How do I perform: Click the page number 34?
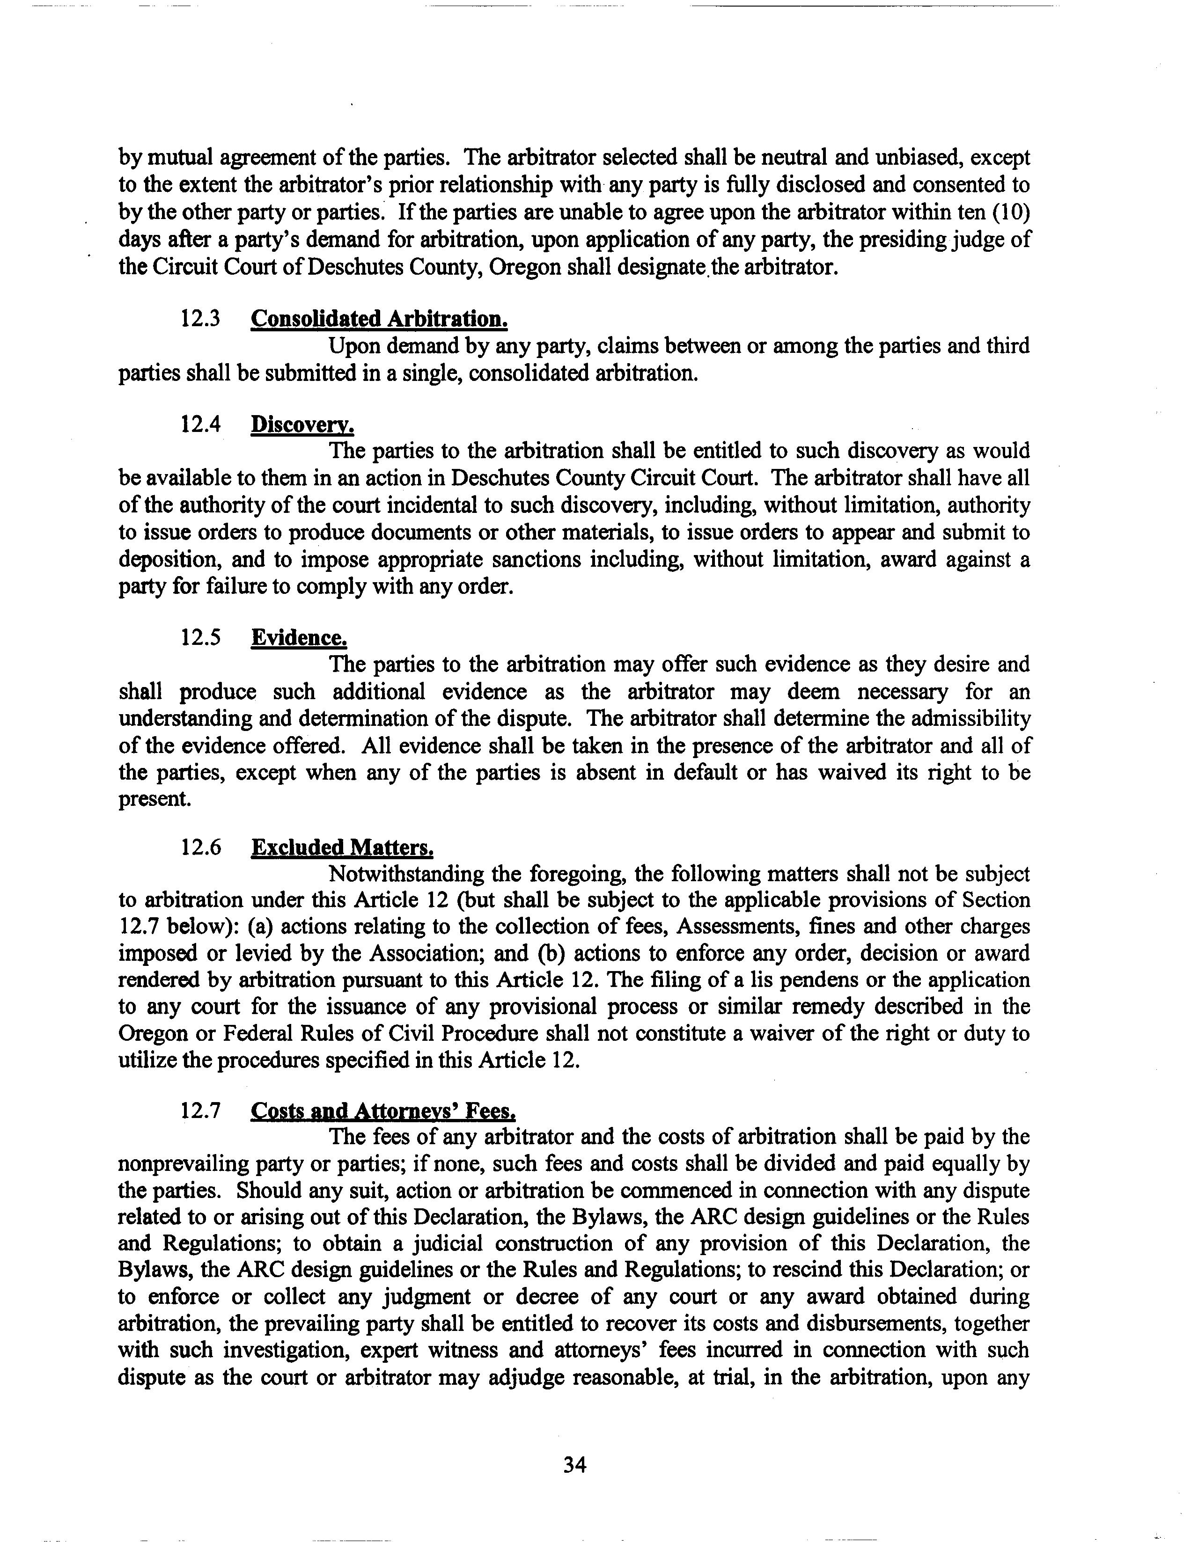pyautogui.click(x=574, y=1465)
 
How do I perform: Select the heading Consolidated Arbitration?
pyautogui.click(x=379, y=319)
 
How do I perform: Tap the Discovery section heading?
pyautogui.click(x=302, y=424)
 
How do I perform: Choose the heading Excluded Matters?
pyautogui.click(x=342, y=847)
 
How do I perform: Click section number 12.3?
pyautogui.click(x=201, y=319)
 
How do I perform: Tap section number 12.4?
pyautogui.click(x=201, y=424)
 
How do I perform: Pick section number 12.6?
pyautogui.click(x=201, y=847)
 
